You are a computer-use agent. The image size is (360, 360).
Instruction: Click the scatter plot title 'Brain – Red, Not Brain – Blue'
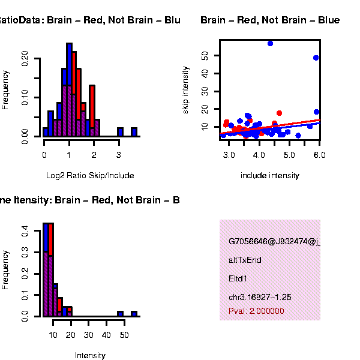point(269,20)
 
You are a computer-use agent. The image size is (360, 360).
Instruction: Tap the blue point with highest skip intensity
point(271,43)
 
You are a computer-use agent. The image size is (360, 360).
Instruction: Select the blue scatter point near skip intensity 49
point(316,58)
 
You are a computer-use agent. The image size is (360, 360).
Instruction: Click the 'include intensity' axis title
point(269,175)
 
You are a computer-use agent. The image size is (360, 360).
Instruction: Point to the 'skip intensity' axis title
point(185,90)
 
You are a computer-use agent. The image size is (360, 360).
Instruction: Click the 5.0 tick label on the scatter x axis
point(290,154)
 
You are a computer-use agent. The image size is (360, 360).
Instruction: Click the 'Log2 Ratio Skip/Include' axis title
point(90,175)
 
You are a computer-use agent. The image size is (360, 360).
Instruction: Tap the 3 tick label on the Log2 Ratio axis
point(119,154)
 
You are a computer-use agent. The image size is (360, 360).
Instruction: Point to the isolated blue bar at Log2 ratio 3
point(120,132)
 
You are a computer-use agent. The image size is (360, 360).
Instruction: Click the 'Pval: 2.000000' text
point(256,311)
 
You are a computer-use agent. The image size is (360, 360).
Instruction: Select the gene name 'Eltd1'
point(238,278)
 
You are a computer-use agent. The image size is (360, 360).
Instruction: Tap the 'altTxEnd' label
point(245,260)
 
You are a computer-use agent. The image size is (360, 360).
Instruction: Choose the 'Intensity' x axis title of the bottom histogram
point(90,355)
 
